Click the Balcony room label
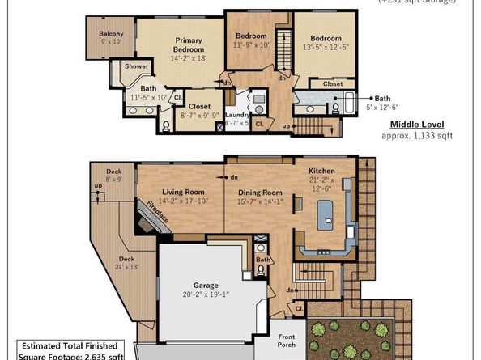[x=111, y=37]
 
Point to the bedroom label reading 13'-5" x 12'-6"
[x=326, y=43]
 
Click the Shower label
[x=136, y=66]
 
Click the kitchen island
[x=325, y=213]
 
